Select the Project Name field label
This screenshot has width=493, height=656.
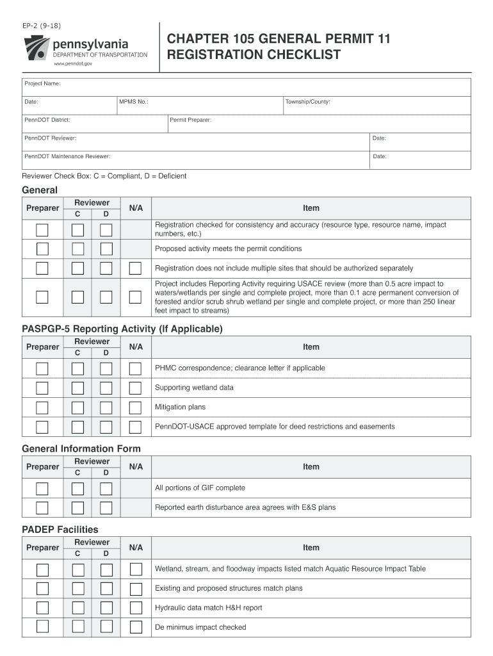pyautogui.click(x=42, y=84)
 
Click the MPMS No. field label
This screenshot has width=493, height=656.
pyautogui.click(x=134, y=102)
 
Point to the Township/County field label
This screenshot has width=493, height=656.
pyautogui.click(x=308, y=102)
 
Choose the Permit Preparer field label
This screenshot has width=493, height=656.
pyautogui.click(x=191, y=120)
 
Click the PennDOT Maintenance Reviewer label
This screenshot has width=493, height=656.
pyautogui.click(x=67, y=156)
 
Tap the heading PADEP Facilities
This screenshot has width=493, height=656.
pyautogui.click(x=60, y=529)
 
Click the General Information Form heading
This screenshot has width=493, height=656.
pyautogui.click(x=81, y=448)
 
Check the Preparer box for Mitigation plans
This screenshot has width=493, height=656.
pyautogui.click(x=42, y=407)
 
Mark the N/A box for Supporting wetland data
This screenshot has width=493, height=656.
pyautogui.click(x=135, y=388)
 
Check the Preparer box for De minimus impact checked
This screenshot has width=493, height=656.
pyautogui.click(x=42, y=627)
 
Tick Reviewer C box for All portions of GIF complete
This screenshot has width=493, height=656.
pyautogui.click(x=77, y=488)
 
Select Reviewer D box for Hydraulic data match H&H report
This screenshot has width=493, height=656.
pyautogui.click(x=106, y=608)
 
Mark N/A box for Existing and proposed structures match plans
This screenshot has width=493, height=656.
pyautogui.click(x=135, y=589)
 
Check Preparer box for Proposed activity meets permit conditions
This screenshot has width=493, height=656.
pyautogui.click(x=42, y=249)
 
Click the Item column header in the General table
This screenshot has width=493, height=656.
pyautogui.click(x=311, y=208)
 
